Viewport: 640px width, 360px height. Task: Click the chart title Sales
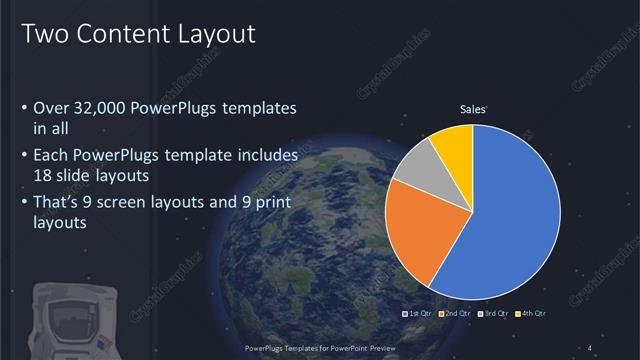click(x=472, y=109)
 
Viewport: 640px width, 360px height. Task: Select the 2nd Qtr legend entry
click(x=455, y=314)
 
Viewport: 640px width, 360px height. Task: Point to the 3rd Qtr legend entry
click(x=494, y=314)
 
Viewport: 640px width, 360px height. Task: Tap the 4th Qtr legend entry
click(x=532, y=314)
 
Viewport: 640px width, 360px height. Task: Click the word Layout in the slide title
click(x=208, y=34)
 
